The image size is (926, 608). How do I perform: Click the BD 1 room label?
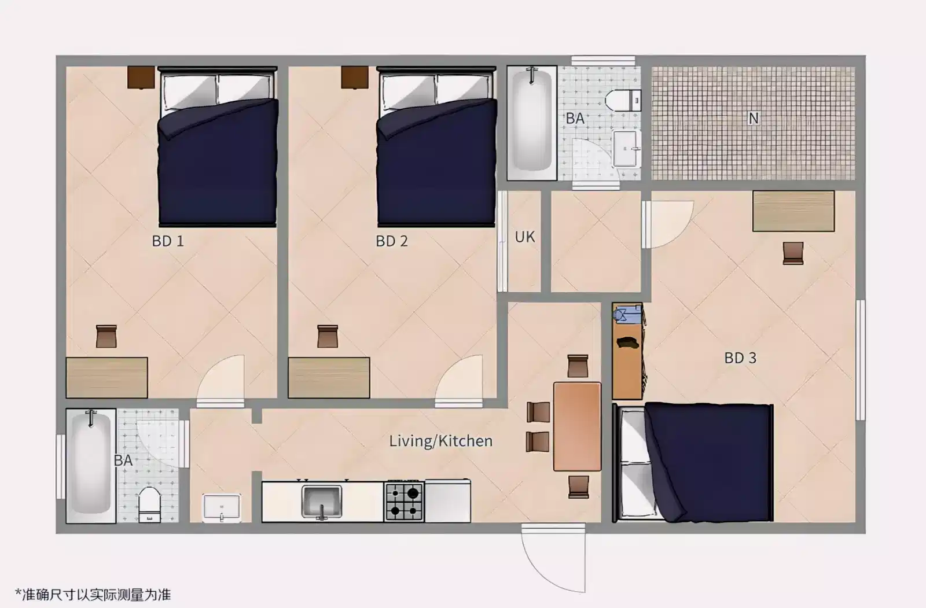(168, 241)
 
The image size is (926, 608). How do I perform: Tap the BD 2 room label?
(392, 241)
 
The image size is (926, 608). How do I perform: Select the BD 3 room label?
(740, 358)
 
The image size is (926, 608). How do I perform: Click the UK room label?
(525, 237)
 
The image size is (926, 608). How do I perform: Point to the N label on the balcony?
(753, 119)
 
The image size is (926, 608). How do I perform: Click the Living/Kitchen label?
(440, 441)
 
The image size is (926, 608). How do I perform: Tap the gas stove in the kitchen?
(404, 502)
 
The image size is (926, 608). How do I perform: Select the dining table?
(577, 426)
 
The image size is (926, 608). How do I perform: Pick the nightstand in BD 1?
(141, 77)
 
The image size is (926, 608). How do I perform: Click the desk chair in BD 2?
(328, 336)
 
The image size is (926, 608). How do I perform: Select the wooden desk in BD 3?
(793, 211)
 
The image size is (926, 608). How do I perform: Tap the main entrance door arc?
(553, 558)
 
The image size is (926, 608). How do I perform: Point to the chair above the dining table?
(578, 366)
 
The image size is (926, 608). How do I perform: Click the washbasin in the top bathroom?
(627, 149)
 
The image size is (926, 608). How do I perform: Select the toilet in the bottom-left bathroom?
(149, 504)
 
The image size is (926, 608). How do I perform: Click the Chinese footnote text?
(93, 594)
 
